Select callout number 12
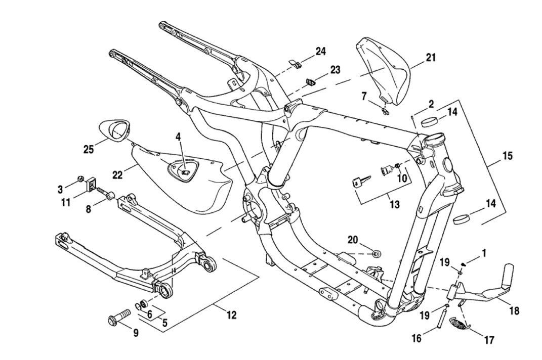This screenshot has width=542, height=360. [231, 314]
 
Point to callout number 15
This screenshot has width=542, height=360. [507, 156]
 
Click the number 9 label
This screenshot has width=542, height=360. [136, 333]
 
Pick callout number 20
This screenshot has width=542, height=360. [353, 240]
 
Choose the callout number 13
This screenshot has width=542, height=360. [394, 205]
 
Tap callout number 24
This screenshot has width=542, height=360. [320, 52]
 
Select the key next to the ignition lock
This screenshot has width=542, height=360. [361, 182]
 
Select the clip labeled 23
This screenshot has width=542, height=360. [312, 82]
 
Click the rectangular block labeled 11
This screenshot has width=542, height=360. [92, 183]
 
